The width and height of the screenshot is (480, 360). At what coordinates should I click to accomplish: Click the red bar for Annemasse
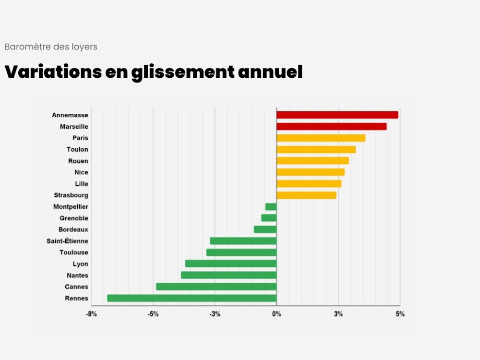337,115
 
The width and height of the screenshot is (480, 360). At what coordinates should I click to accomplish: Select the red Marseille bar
331,126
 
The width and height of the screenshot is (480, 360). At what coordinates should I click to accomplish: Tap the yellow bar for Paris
321,138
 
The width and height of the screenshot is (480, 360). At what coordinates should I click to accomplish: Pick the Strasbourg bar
306,195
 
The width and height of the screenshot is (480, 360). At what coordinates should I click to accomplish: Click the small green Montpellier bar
271,207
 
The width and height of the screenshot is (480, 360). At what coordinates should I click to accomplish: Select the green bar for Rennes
192,298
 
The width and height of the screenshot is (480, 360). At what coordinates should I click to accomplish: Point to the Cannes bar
216,287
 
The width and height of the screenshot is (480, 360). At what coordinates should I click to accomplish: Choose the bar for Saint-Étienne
243,241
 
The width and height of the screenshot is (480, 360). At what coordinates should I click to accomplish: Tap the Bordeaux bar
265,229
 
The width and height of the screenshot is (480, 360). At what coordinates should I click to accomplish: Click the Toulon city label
77,149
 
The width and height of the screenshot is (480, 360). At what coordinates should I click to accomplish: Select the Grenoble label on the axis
74,218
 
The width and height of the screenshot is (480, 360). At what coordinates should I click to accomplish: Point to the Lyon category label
81,264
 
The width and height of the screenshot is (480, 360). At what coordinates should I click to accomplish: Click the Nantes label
78,276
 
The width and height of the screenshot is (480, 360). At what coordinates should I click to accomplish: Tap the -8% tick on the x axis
91,314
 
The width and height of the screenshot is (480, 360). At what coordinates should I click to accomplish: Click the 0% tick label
276,314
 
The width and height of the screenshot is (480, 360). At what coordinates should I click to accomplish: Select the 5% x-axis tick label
400,314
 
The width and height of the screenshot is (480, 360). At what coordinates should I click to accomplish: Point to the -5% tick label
153,314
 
